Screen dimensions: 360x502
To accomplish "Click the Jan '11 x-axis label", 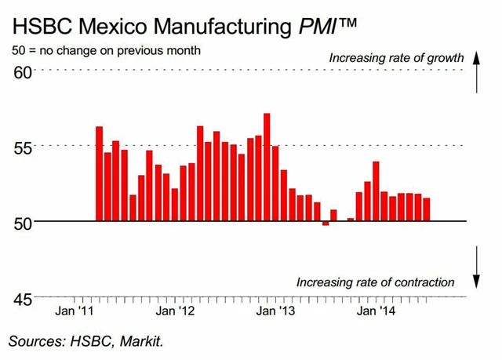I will pos(77,311).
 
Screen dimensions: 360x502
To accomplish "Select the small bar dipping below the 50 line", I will pos(326,224).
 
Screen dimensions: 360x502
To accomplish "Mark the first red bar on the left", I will pos(100,173).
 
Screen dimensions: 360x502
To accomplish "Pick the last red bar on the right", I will pos(426,209).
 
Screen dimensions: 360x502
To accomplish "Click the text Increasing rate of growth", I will pos(397,57).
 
